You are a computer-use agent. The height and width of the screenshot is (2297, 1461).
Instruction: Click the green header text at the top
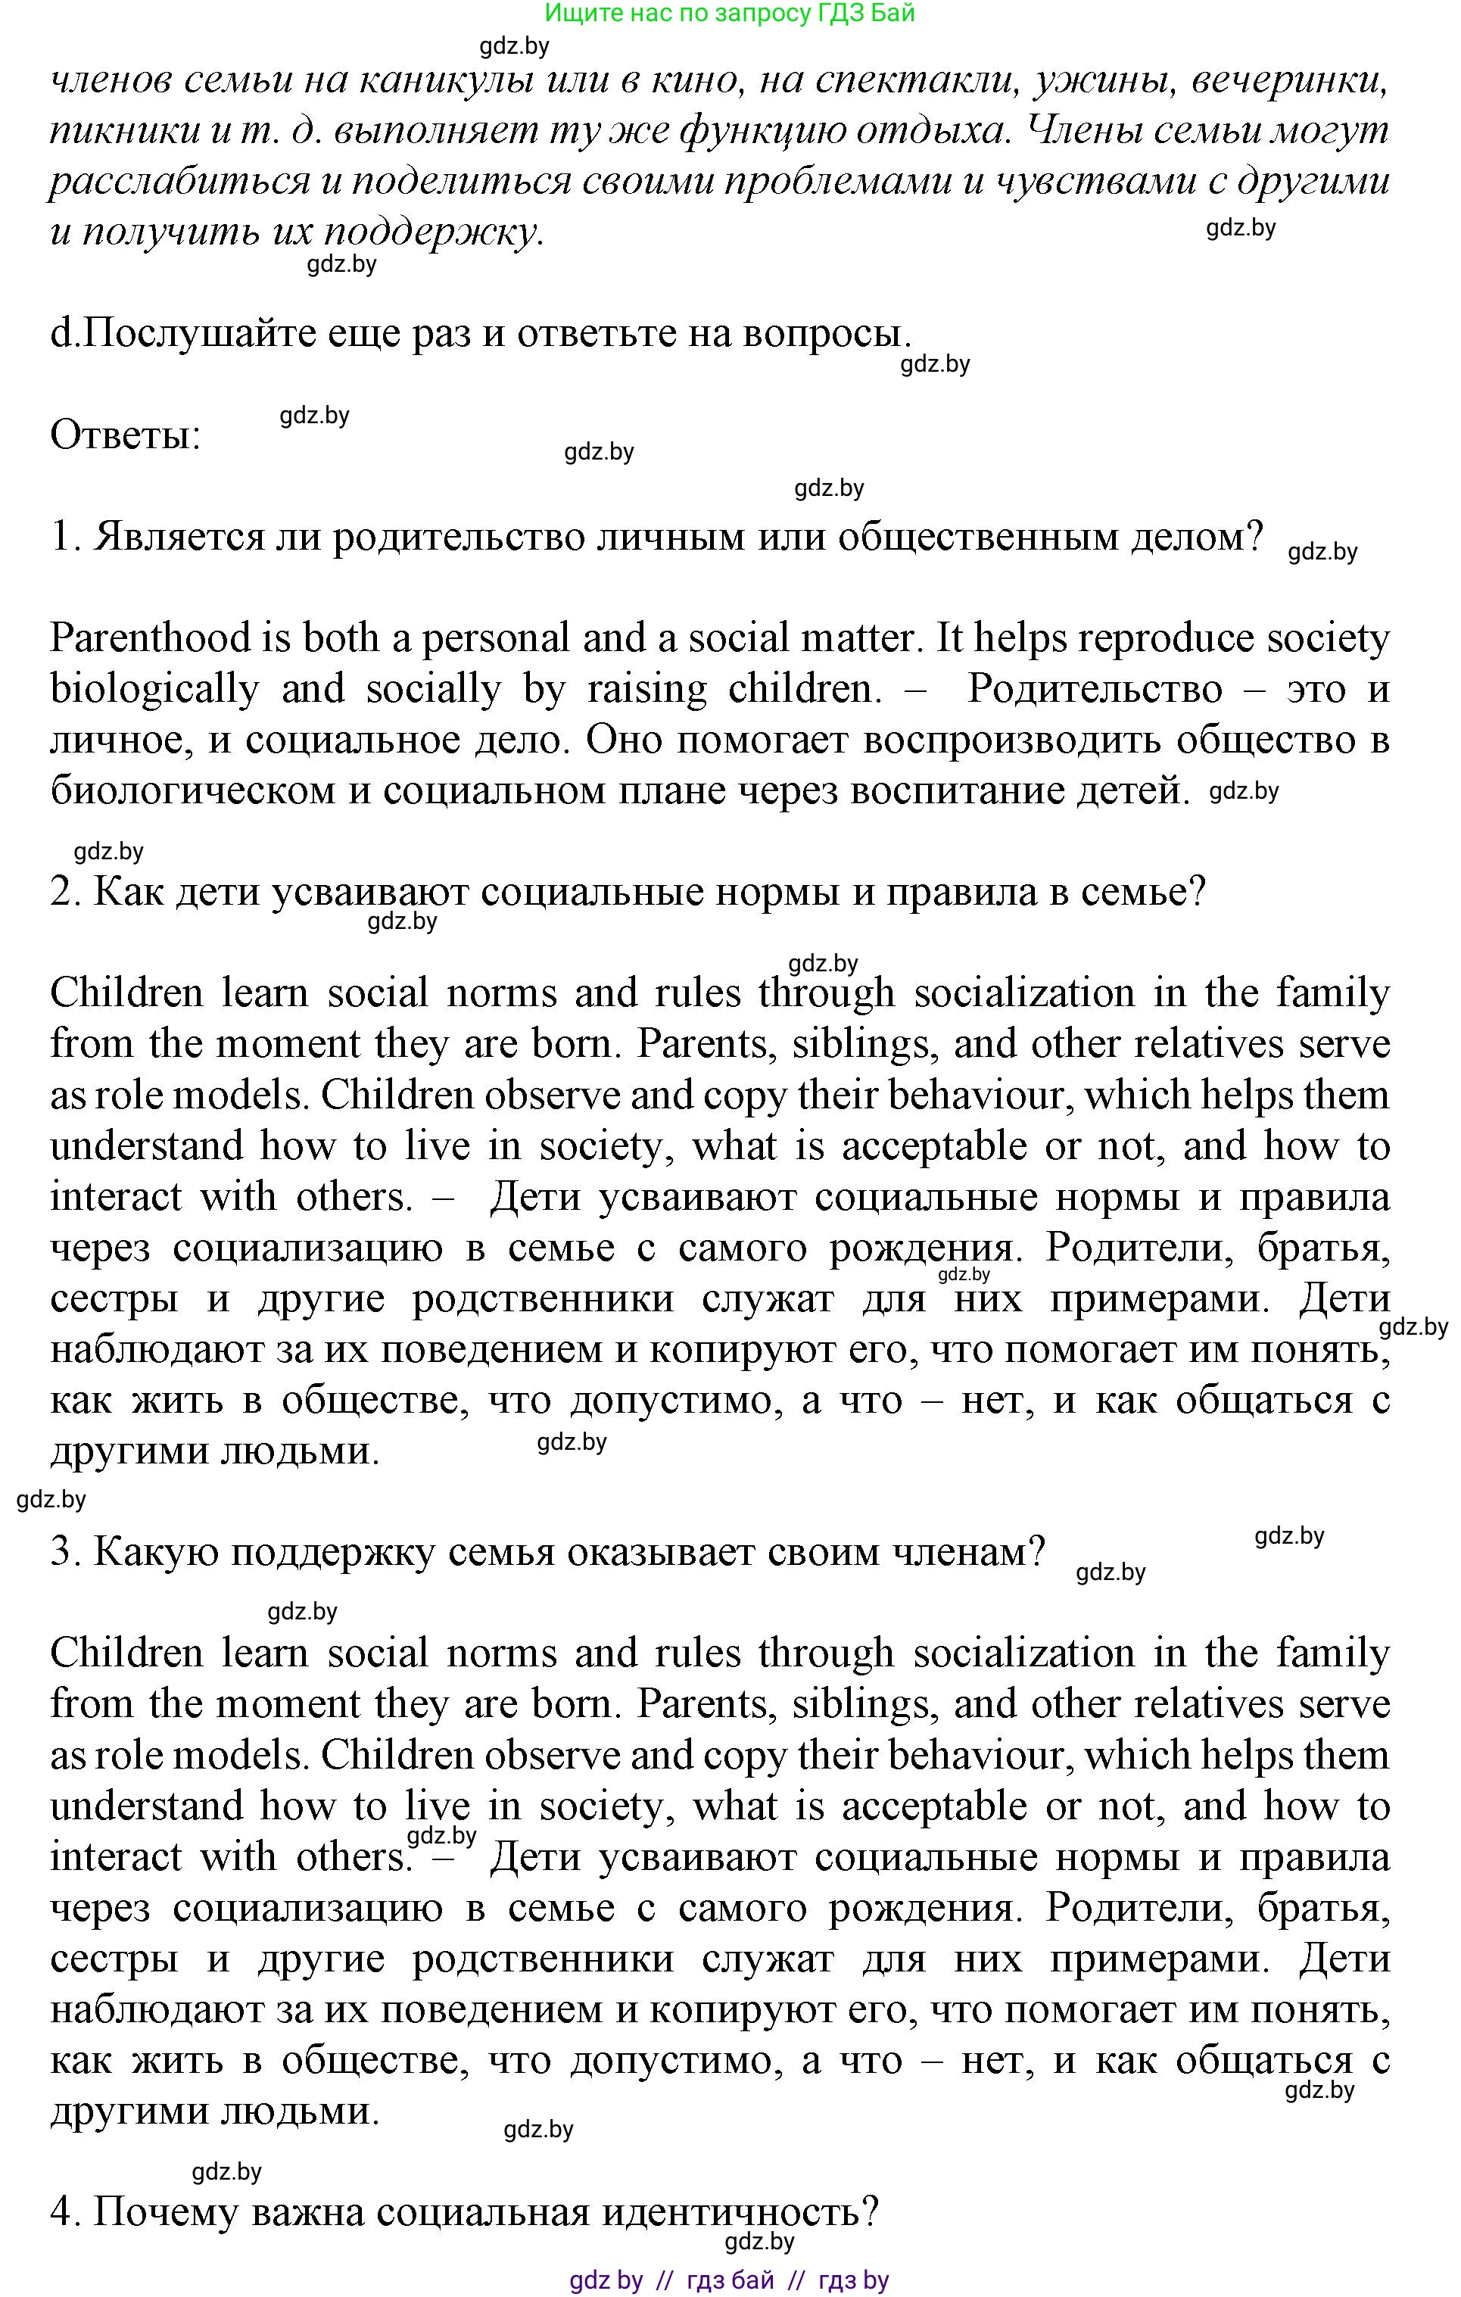(x=730, y=14)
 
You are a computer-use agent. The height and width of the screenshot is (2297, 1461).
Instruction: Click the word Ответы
(x=125, y=436)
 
